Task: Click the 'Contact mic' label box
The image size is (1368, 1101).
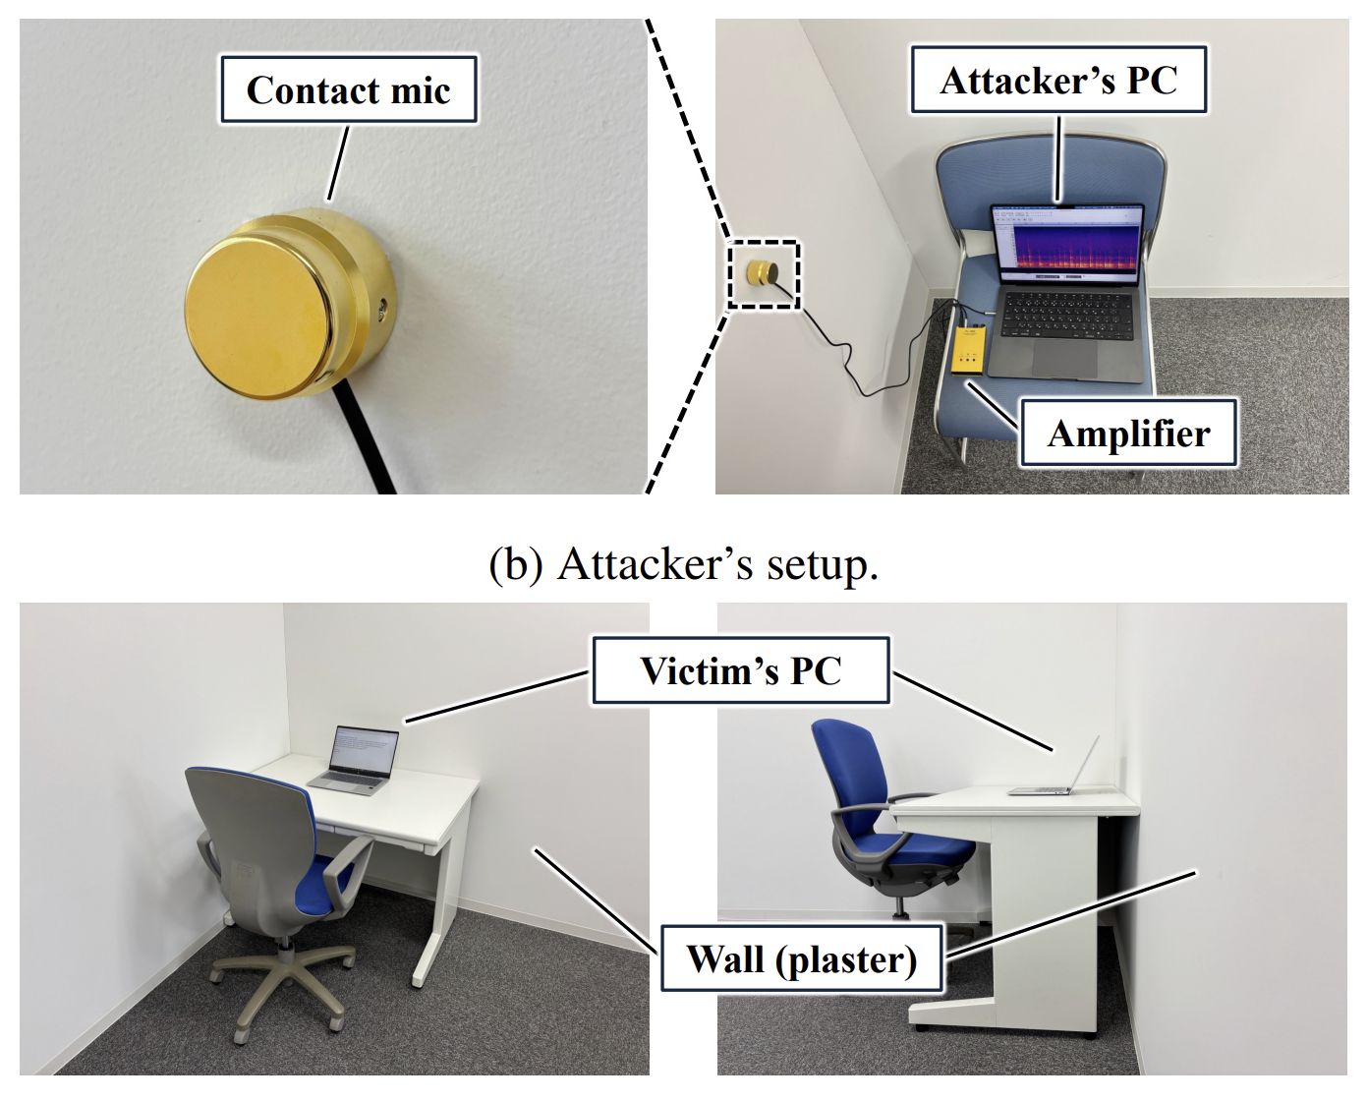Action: coord(348,89)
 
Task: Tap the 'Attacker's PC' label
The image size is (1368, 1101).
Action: coord(1058,81)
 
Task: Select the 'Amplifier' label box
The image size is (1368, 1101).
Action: coord(1128,434)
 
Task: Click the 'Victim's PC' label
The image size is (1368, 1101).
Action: coord(741,669)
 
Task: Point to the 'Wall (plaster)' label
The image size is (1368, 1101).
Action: coord(802,958)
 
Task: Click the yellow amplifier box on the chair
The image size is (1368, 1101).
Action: coord(969,351)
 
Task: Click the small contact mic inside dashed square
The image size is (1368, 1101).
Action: coord(763,272)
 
